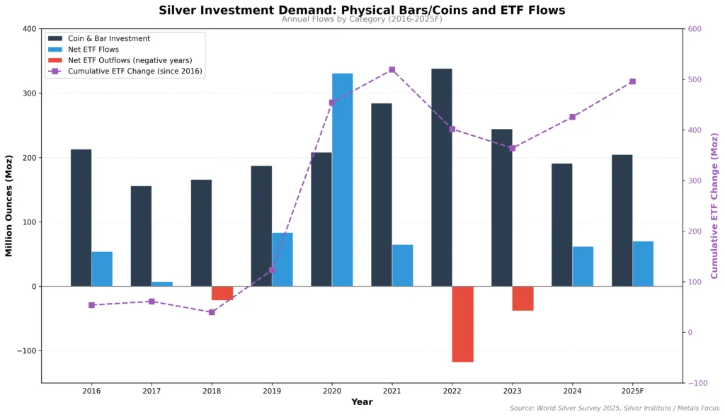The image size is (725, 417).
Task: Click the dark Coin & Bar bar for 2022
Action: (x=441, y=177)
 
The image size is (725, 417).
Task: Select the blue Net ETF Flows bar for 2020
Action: (x=342, y=180)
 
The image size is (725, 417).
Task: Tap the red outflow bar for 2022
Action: (x=462, y=324)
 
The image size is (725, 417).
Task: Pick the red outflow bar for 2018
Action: (x=222, y=293)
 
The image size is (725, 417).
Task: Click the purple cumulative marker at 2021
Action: (x=392, y=70)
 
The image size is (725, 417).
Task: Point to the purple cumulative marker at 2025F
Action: (x=632, y=81)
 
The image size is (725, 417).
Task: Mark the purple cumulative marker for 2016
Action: (x=91, y=305)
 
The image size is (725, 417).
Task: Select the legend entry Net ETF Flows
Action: (x=93, y=50)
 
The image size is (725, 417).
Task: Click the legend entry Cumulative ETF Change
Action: (x=135, y=71)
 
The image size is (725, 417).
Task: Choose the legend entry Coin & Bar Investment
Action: (x=108, y=38)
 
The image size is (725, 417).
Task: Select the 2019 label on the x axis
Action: (x=272, y=391)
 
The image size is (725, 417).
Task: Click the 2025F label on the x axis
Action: (x=632, y=391)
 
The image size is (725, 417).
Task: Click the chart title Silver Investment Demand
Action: (x=362, y=10)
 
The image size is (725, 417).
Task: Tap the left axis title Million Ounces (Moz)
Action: (x=9, y=206)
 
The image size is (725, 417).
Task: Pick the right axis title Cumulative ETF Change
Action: (x=714, y=206)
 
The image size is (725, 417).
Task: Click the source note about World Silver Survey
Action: (x=614, y=408)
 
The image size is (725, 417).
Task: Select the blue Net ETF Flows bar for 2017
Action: (x=162, y=284)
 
